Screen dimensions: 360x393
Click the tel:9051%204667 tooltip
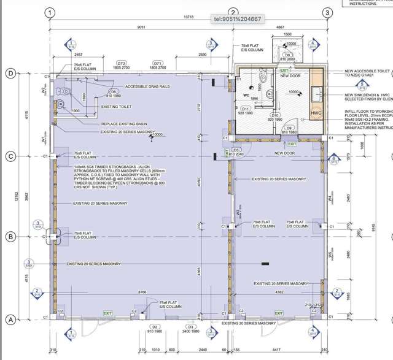click(x=237, y=19)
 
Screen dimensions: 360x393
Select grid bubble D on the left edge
click(x=10, y=74)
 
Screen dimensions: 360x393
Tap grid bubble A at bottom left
click(x=10, y=320)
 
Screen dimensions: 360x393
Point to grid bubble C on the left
click(x=10, y=156)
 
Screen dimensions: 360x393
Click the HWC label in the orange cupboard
click(x=316, y=113)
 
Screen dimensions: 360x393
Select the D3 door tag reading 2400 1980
click(x=190, y=329)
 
